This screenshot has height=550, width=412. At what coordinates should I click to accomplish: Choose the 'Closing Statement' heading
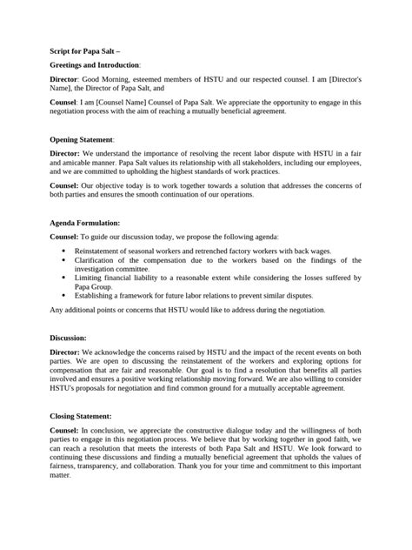point(81,416)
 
